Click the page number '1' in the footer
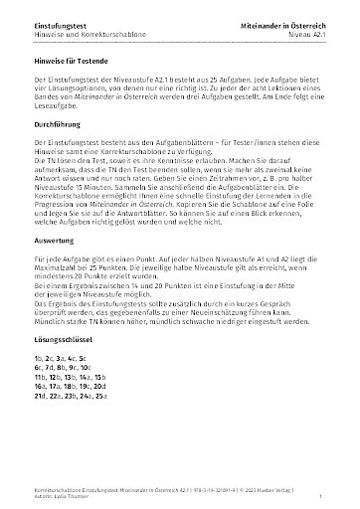326,493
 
